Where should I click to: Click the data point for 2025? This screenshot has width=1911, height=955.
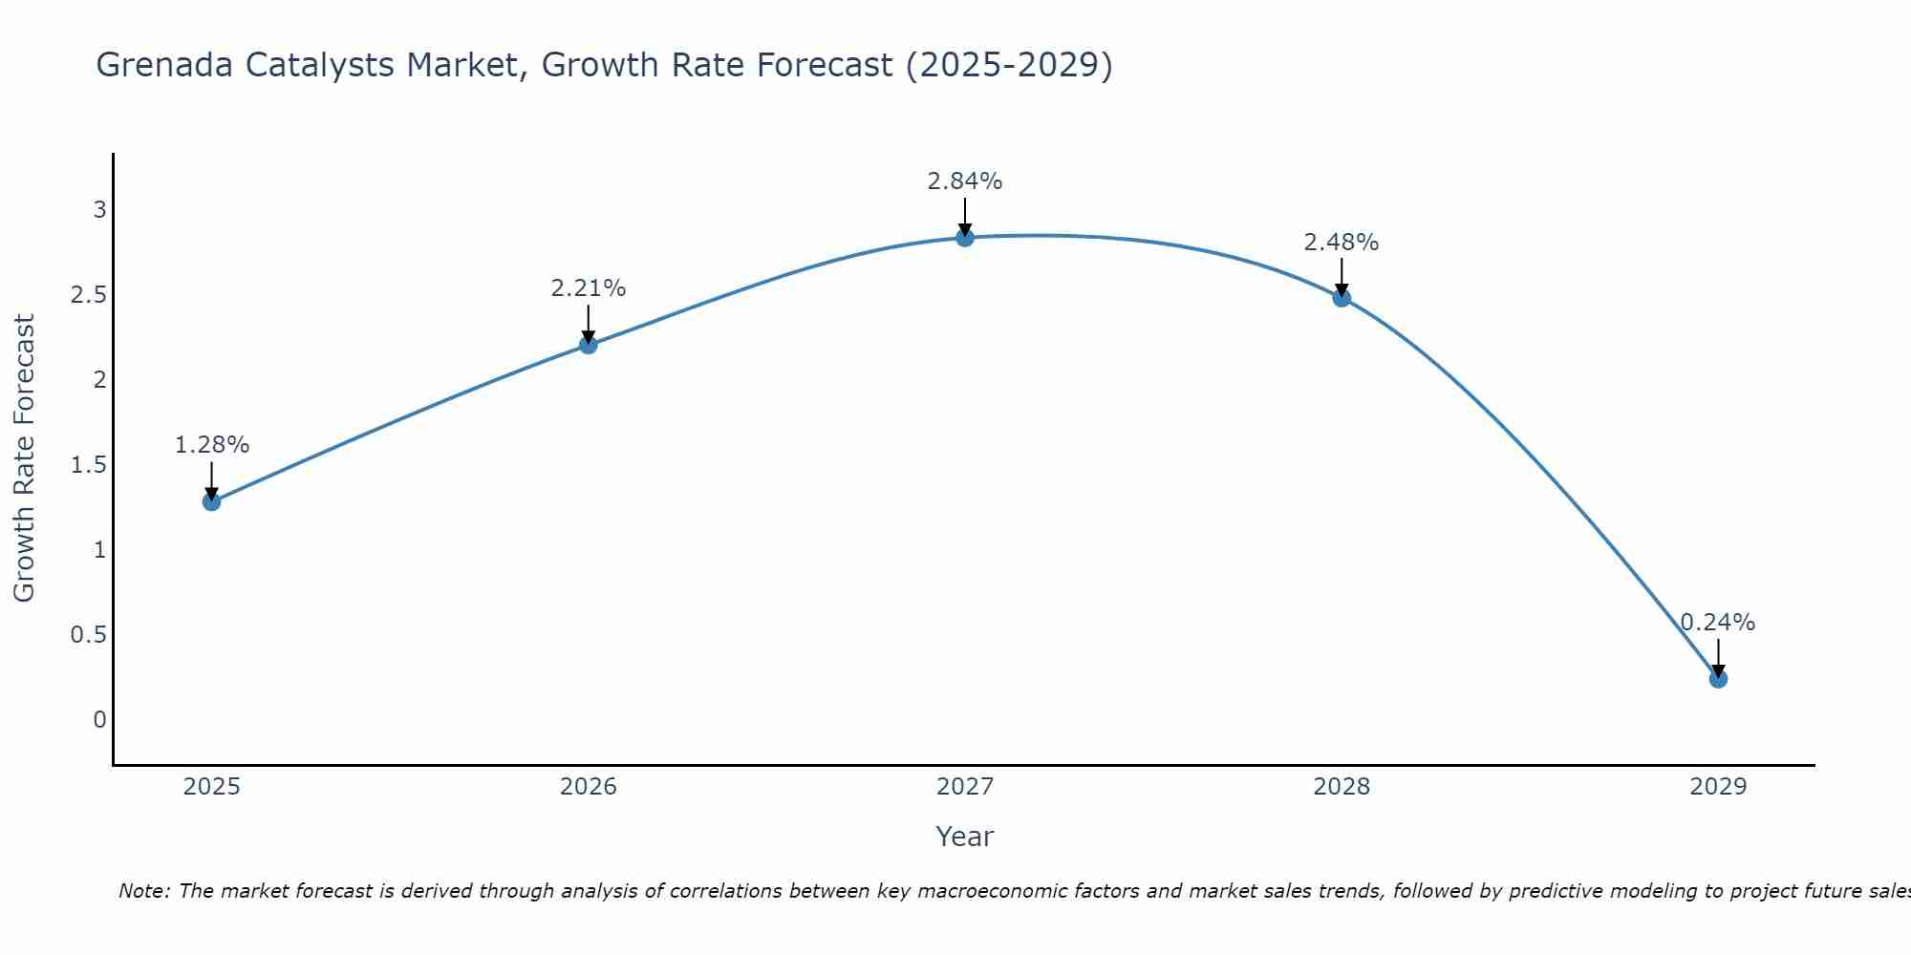coord(211,501)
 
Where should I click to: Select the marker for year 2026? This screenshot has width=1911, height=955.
coord(589,345)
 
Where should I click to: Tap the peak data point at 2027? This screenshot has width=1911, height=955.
coord(965,238)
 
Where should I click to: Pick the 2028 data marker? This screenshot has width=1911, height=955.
coord(1342,298)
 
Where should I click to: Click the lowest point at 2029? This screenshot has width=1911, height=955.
coord(1718,679)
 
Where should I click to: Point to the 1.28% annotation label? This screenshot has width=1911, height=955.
coord(211,445)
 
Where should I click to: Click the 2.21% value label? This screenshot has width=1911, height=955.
coord(589,288)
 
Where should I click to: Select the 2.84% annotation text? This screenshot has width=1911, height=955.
coord(965,181)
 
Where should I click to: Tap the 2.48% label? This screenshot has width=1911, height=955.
coord(1342,243)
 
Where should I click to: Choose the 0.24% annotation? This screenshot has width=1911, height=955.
coord(1718,623)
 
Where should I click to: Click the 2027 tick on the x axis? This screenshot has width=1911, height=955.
coord(965,787)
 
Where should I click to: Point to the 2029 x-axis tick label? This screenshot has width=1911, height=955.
coord(1718,787)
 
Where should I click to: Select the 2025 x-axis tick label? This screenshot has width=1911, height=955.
coord(211,787)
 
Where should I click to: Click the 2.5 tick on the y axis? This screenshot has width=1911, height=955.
coord(89,295)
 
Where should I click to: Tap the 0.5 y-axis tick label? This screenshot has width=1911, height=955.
coord(89,635)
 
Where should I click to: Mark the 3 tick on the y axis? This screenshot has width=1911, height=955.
coord(99,210)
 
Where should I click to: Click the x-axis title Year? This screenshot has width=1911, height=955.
coord(965,837)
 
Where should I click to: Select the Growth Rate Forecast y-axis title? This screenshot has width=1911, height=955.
coord(24,458)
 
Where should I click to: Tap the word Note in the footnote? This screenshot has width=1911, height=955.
coord(143,891)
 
